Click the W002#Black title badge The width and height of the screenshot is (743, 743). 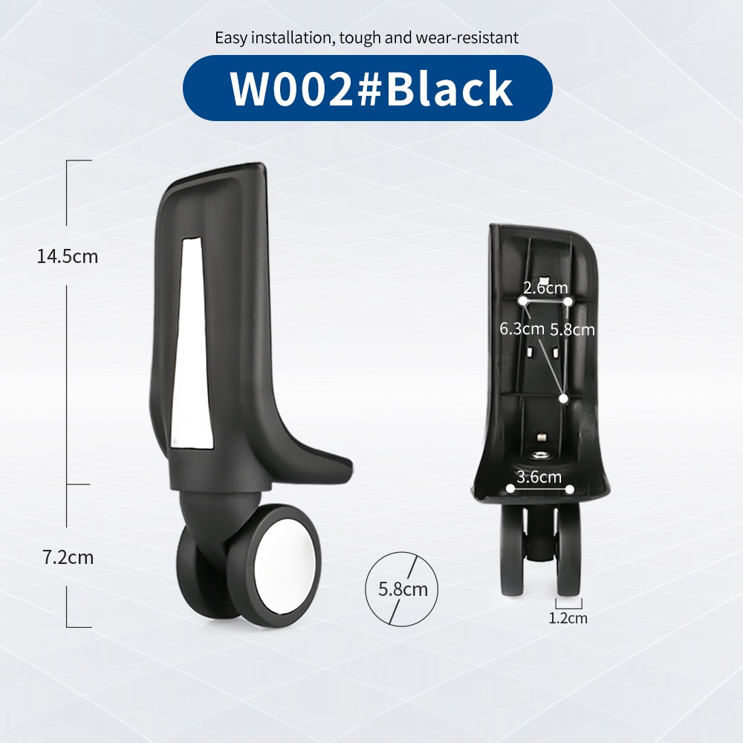pyautogui.click(x=367, y=88)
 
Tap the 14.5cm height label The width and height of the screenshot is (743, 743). pyautogui.click(x=68, y=256)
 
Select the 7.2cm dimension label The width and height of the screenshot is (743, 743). pyautogui.click(x=68, y=557)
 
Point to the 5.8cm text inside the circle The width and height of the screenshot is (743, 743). pyautogui.click(x=403, y=589)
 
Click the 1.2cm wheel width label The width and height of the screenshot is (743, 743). pyautogui.click(x=568, y=618)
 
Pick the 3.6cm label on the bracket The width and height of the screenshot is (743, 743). pyautogui.click(x=539, y=476)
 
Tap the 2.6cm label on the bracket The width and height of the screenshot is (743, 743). pyautogui.click(x=545, y=287)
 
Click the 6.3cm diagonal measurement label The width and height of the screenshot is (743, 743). pyautogui.click(x=522, y=328)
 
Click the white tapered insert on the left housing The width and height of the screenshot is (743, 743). pyautogui.click(x=191, y=343)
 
